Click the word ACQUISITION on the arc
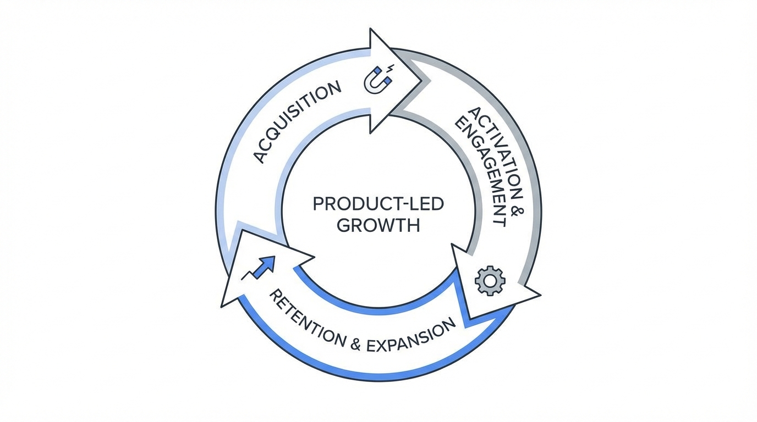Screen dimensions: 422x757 (298, 121)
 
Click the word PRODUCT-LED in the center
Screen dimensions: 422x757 (378, 204)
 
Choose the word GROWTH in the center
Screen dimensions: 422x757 (378, 225)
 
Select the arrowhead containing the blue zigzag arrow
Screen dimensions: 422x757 (259, 269)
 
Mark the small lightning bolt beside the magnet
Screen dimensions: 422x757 (391, 69)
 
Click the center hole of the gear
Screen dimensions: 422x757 (489, 280)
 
